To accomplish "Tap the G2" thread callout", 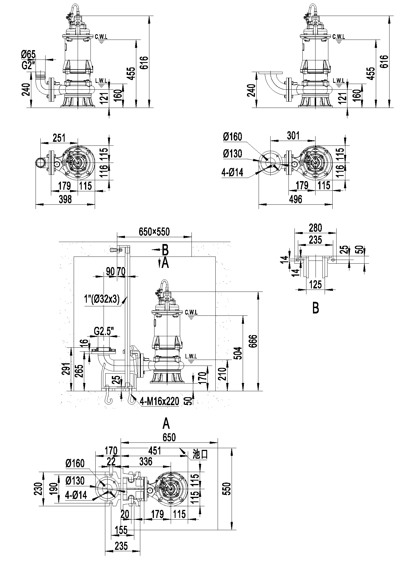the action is [28, 66].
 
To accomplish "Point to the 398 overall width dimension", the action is [65, 199].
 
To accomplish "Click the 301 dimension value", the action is [293, 136].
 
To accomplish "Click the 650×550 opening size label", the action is [154, 232].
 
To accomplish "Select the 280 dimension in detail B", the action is [315, 228].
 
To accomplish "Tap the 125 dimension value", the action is [315, 284].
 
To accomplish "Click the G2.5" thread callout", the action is [104, 331].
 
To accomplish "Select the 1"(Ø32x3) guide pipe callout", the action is [102, 300].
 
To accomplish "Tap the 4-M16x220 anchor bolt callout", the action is [160, 401].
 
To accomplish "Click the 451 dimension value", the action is [154, 451].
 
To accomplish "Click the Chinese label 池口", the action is [200, 454].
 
